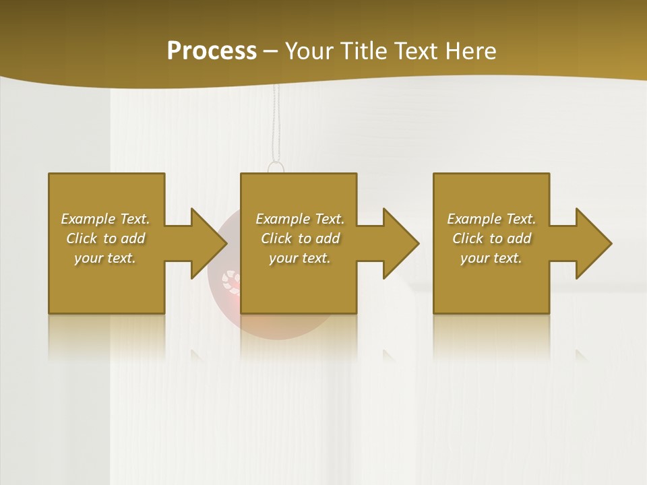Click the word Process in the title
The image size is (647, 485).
coord(212,51)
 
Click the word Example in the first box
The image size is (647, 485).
coord(88,219)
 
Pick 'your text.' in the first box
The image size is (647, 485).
coord(105,258)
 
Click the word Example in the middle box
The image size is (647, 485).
coord(282,219)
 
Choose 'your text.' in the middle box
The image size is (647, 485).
coord(300,258)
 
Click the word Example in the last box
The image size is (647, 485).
coord(474,219)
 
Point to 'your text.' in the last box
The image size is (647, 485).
coord(491,258)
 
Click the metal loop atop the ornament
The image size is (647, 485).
coord(276,166)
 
